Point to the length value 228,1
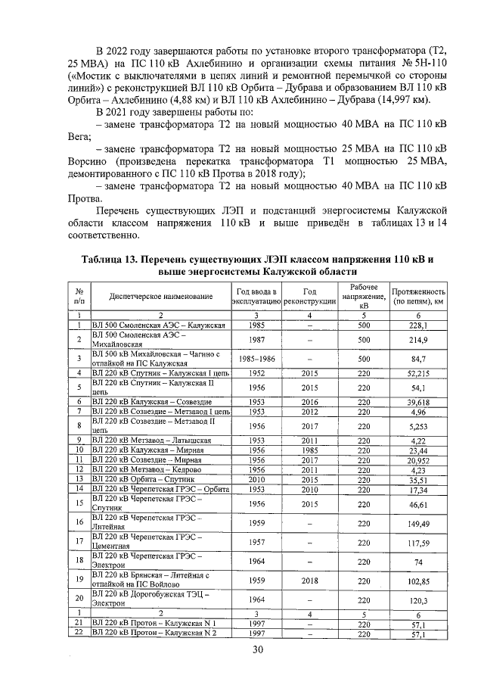418,325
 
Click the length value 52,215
418,373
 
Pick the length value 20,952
418,459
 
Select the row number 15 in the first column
79,502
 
